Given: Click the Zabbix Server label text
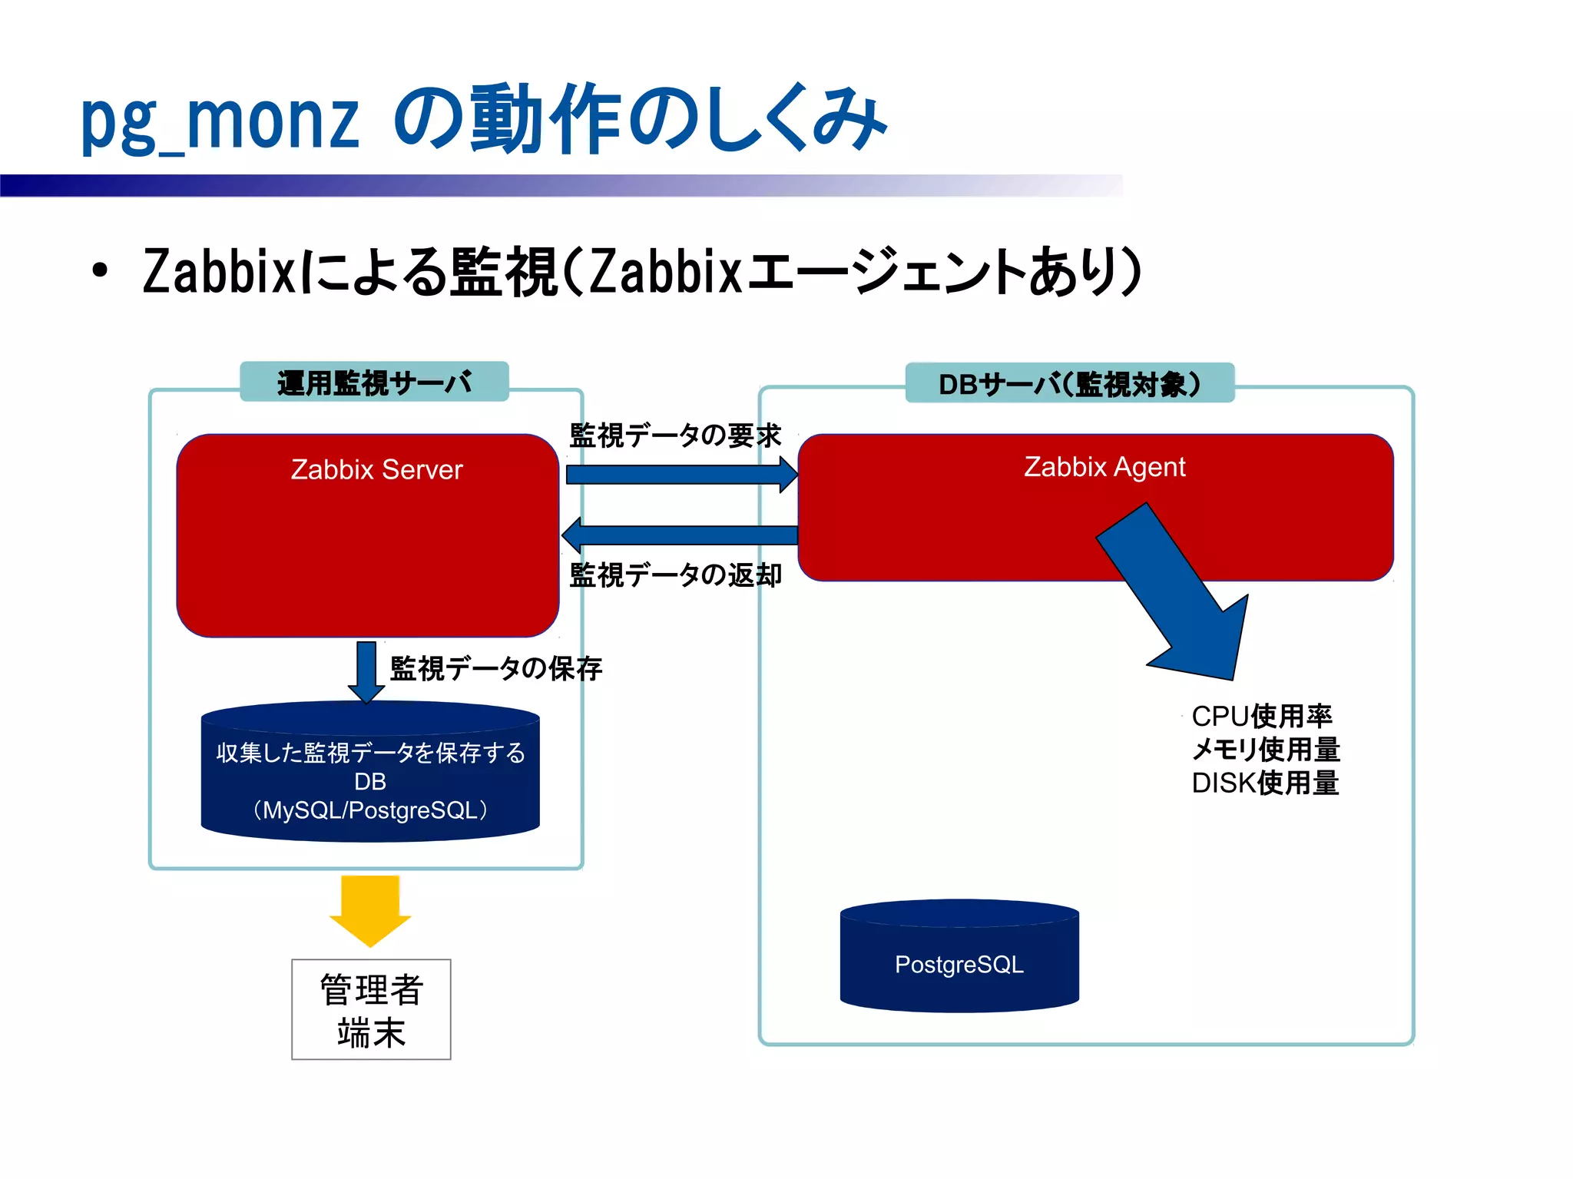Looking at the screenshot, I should [x=376, y=469].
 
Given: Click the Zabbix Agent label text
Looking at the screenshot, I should [x=1104, y=467].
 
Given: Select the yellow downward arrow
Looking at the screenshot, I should [x=370, y=911].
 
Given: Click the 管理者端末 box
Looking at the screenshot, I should [x=371, y=1009].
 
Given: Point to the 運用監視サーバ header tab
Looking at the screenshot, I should [x=374, y=382].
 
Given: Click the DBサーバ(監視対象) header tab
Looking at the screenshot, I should [x=1069, y=383].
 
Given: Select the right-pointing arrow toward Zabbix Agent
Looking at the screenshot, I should [x=681, y=474].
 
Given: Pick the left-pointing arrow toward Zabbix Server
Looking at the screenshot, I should [x=679, y=535].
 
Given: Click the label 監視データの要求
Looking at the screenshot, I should [x=674, y=436].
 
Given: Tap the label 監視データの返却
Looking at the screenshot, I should [x=675, y=575].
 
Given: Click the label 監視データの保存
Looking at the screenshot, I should [x=495, y=668].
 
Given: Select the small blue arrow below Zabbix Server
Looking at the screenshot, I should [x=366, y=671].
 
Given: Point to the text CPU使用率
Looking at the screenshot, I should [x=1261, y=716].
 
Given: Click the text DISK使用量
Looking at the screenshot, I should [x=1265, y=783].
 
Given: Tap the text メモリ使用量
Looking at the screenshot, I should [x=1266, y=749].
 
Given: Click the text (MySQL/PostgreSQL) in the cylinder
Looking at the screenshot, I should [x=370, y=810].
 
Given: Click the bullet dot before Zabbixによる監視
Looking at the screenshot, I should [x=99, y=271].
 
